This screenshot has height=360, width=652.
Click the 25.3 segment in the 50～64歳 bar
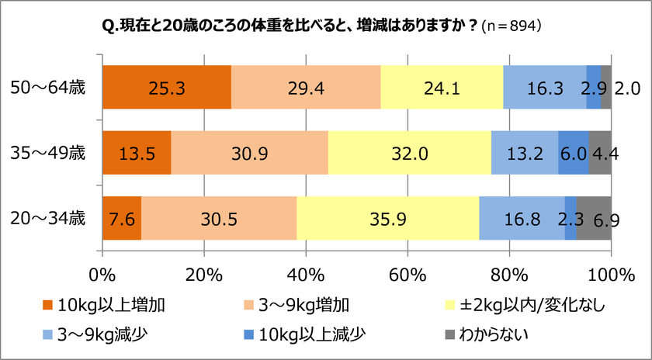tap(167, 88)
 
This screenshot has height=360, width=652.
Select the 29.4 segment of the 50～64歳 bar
tap(306, 88)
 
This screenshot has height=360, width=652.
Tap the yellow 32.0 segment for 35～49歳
tap(410, 154)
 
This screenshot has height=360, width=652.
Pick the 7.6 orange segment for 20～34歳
tap(122, 220)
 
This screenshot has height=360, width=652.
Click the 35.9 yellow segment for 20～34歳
tap(387, 220)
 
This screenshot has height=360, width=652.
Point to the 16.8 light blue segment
tap(522, 220)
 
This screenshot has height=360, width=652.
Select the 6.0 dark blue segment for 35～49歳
tap(573, 154)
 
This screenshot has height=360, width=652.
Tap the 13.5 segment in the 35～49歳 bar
tap(137, 154)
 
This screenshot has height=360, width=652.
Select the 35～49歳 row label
tap(51, 153)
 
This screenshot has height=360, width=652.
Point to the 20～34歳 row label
tap(51, 219)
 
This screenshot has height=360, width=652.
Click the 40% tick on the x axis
tap(306, 274)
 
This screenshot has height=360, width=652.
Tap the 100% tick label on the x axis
tap(610, 274)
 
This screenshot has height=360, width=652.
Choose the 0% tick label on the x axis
tap(103, 274)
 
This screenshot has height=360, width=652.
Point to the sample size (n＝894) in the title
tap(512, 25)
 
